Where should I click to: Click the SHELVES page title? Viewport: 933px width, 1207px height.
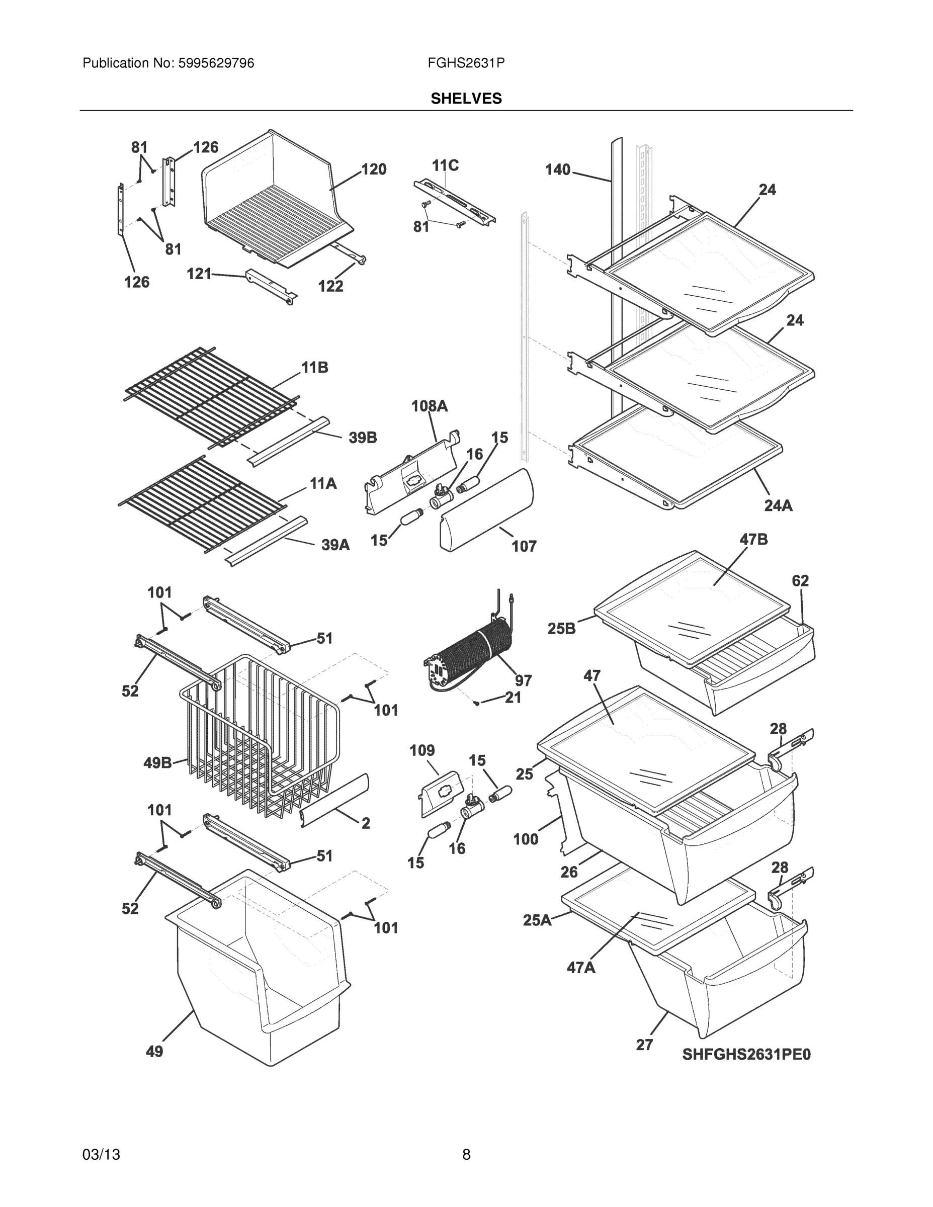[466, 99]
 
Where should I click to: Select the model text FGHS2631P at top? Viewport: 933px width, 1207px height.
[466, 63]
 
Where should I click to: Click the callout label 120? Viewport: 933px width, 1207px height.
[374, 169]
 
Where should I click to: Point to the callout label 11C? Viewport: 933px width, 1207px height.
[445, 165]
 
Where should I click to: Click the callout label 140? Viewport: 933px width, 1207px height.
[557, 169]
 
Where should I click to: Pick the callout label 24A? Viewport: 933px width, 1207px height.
[778, 505]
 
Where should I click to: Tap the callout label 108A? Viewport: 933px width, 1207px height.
[429, 406]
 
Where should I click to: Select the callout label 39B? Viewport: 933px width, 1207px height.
[363, 438]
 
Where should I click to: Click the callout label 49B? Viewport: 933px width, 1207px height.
[157, 763]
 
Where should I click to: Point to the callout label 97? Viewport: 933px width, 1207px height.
[523, 680]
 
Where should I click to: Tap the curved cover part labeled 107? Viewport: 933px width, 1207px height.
[486, 508]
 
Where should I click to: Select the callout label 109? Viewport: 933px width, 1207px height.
[421, 750]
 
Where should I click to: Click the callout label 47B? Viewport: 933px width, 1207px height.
[753, 540]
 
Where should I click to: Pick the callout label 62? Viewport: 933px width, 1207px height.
[800, 581]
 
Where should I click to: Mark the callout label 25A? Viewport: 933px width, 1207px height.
[537, 920]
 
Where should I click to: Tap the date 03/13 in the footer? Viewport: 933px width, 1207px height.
[101, 1155]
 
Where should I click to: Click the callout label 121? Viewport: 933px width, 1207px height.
[199, 274]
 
